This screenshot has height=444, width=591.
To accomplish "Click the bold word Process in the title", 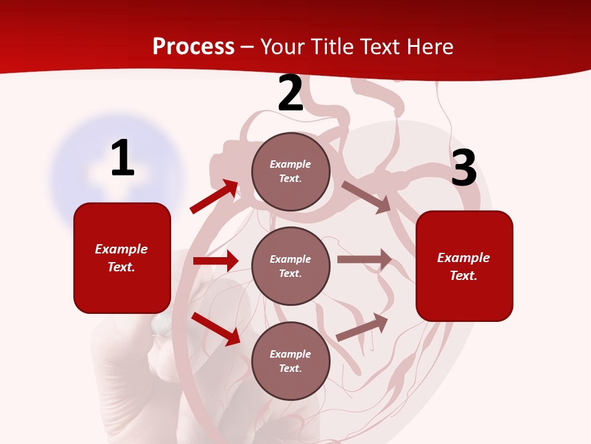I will [193, 46].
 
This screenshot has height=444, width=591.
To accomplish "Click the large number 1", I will [123, 158].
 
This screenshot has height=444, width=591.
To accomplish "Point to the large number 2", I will [291, 94].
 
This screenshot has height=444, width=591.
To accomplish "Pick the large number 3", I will [464, 168].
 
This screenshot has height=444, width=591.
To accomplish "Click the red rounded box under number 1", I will [122, 258].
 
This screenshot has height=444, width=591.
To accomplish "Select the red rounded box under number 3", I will [464, 266].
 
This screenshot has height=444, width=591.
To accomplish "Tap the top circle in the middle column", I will [291, 171].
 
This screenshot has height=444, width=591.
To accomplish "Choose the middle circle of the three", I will [291, 266].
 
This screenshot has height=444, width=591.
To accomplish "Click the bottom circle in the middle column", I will [291, 361].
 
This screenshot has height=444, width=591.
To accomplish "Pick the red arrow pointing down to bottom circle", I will [216, 329].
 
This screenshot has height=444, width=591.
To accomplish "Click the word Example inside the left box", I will [121, 249].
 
